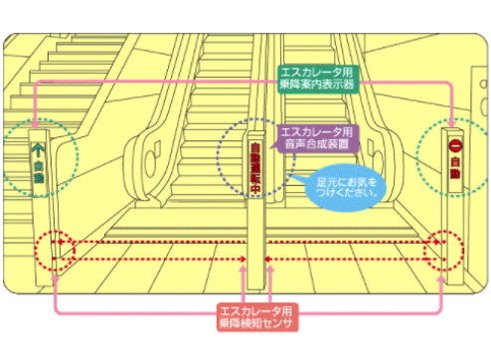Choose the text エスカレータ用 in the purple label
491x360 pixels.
pos(313,132)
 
